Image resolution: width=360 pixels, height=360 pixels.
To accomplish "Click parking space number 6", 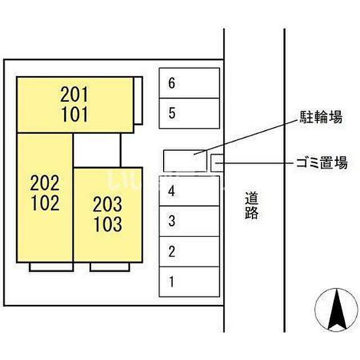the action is pos(190,83).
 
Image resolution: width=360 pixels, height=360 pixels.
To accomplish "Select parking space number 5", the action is pos(190,114).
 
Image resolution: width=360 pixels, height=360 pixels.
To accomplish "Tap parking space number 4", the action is pos(190,191).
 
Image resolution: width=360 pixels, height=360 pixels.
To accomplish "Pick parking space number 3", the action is pos(190,221).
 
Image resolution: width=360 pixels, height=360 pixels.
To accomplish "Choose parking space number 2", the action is pos(190,251).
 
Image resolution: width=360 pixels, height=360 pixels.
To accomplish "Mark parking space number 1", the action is pos(190,282).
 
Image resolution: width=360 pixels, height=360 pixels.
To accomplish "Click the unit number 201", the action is pos(74,94).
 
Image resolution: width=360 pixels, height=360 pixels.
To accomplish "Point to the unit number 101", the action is pos(74,114).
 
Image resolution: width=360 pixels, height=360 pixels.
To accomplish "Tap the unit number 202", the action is pos(45,183).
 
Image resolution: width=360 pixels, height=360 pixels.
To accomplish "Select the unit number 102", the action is pos(45,202).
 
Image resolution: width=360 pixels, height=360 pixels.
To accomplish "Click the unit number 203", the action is pos(107,204).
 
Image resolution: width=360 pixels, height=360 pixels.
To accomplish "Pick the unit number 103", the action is pos(107,224).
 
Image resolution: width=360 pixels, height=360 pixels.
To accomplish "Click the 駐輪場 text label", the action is pos(321,117).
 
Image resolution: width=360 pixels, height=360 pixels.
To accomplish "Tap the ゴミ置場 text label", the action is pos(322,163).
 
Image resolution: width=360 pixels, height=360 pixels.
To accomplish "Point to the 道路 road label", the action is pos(251,205).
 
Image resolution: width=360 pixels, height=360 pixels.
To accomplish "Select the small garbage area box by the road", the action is pos(217,163).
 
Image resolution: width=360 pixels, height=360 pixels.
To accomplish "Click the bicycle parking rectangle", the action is pos(185,161).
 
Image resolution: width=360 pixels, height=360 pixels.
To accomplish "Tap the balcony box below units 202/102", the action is pos(51,267).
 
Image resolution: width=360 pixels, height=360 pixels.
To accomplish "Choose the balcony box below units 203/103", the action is pos(110,267).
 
